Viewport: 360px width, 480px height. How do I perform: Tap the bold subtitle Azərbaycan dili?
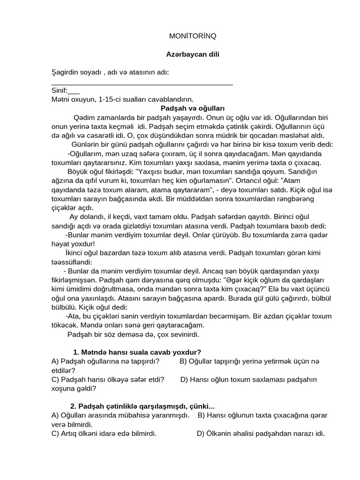coord(193,54)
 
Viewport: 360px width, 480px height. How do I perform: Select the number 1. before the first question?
coord(76,352)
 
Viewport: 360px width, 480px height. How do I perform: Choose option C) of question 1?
coord(55,379)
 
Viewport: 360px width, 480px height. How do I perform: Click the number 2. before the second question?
coord(73,406)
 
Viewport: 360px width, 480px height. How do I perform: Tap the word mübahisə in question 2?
coord(153,415)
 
